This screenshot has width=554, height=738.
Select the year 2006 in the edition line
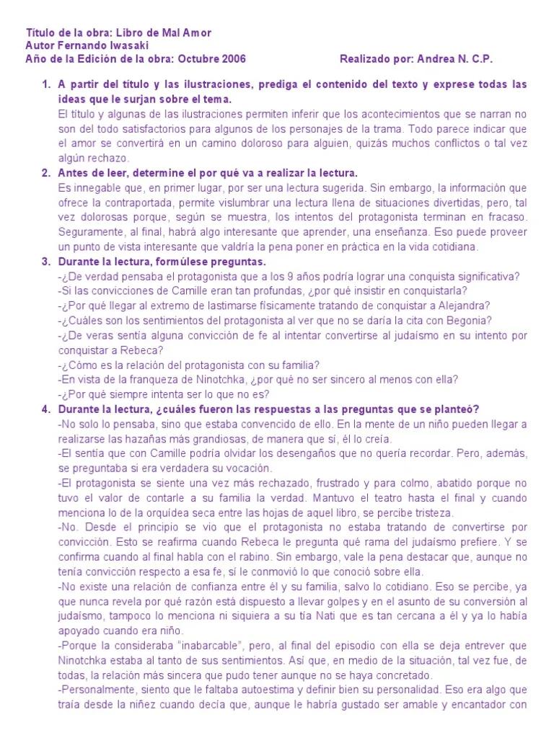click(x=220, y=58)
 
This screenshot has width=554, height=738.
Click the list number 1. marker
click(x=46, y=84)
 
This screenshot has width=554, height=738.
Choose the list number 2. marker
click(x=46, y=173)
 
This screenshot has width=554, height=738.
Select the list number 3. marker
click(x=46, y=261)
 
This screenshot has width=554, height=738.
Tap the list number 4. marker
click(x=46, y=409)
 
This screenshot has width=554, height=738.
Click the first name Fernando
click(x=83, y=45)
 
